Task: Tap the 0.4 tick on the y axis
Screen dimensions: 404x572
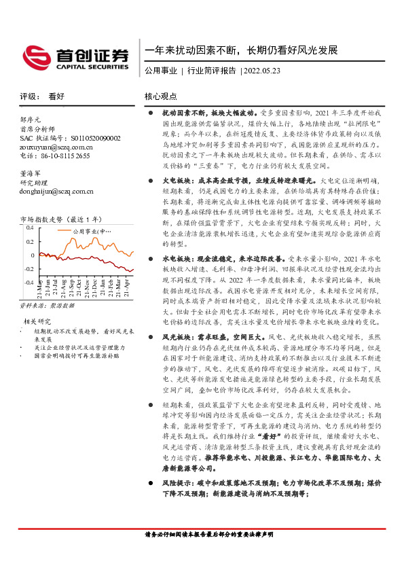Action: point(29,229)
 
